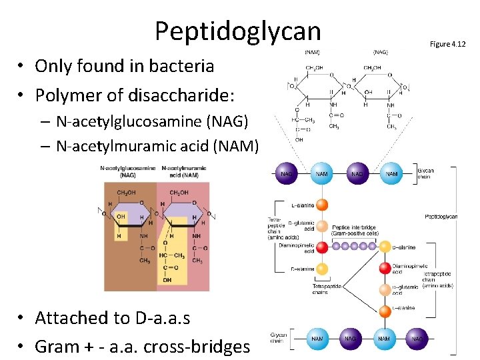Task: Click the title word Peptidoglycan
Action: point(237,31)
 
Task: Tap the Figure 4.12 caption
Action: point(448,44)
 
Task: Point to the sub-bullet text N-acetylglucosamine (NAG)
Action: point(152,121)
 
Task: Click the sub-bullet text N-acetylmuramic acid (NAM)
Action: point(157,145)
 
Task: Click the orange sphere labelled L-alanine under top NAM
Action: point(322,205)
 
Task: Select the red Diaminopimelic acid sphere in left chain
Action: point(322,247)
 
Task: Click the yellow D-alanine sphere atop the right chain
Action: point(385,247)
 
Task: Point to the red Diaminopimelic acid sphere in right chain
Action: point(385,268)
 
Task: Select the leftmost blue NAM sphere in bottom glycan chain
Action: point(317,338)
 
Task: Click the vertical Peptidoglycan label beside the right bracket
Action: point(441,217)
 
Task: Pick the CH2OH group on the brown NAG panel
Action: point(127,193)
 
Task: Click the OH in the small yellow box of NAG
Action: point(121,216)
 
